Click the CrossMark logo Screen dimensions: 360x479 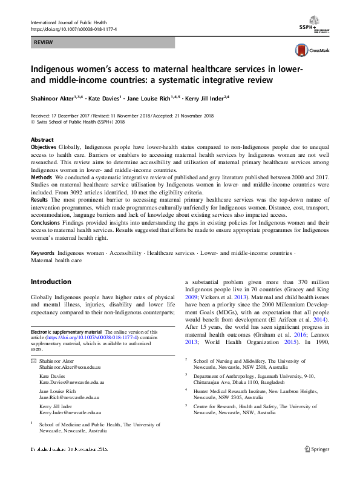pyautogui.click(x=309, y=51)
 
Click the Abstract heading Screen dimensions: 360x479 pyautogui.click(x=42, y=139)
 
